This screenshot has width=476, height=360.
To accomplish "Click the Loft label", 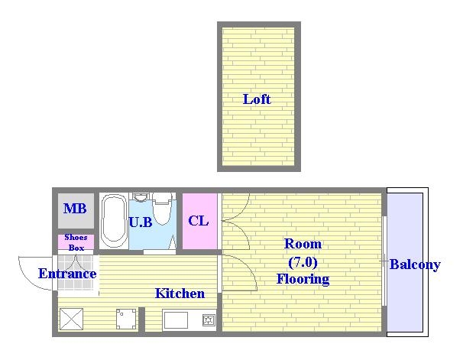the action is pos(257,99).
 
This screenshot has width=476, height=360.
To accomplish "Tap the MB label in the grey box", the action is pos(75,209).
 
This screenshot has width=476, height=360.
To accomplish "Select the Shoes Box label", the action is pos(76,242).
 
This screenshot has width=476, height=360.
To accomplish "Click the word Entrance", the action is pos(67,274).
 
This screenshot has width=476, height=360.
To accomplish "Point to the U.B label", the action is pos(141,222).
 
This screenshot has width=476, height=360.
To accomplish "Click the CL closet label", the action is pos(199,221).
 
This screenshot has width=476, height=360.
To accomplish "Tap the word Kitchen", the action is pos(180,294).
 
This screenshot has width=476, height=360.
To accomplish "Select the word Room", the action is pos(303,244).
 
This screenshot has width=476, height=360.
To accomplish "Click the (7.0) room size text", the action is pos(303,262).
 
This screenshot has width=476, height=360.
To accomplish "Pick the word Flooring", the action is pos(303,279).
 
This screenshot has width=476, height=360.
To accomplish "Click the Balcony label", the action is pos(415,264).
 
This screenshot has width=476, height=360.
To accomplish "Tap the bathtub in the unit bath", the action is pos(113,221).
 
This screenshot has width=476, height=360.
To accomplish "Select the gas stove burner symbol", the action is pos(209,319).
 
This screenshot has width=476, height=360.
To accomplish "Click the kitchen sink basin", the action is pos(176,319).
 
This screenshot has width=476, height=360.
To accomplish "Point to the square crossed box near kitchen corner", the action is pos(71,319).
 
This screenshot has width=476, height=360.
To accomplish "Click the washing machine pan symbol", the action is pos(126,319).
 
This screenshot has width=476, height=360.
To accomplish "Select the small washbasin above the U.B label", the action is pos(140,197).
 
